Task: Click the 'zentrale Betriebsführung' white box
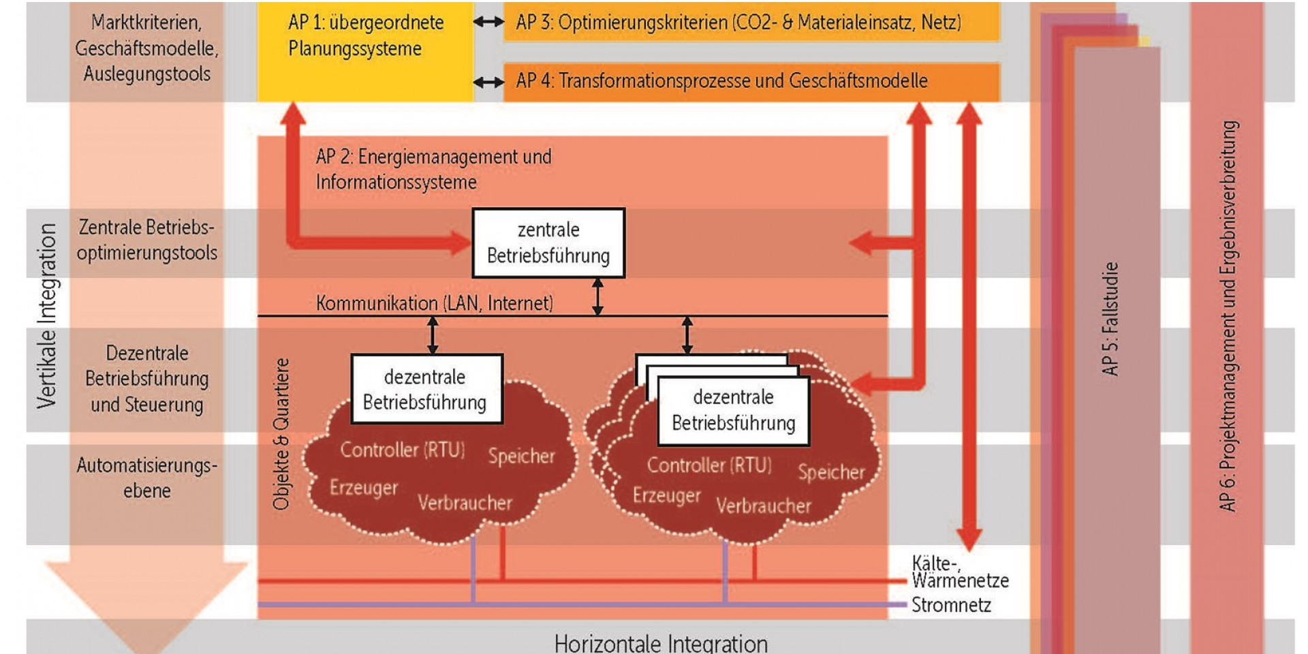pyautogui.click(x=548, y=243)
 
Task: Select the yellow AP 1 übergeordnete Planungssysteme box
pyautogui.click(x=365, y=51)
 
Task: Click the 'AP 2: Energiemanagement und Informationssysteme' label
pyautogui.click(x=433, y=169)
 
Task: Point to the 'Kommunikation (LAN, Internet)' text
pyautogui.click(x=434, y=303)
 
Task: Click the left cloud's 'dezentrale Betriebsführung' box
pyautogui.click(x=426, y=389)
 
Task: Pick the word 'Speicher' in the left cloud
pyautogui.click(x=521, y=456)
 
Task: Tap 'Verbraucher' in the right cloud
pyautogui.click(x=763, y=505)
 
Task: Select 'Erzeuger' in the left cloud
pyautogui.click(x=364, y=487)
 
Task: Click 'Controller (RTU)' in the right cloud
pyautogui.click(x=709, y=465)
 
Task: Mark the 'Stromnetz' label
pyautogui.click(x=951, y=605)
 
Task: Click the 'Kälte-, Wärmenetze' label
pyautogui.click(x=959, y=572)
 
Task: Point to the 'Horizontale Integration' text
pyautogui.click(x=660, y=643)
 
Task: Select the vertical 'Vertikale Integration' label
pyautogui.click(x=46, y=316)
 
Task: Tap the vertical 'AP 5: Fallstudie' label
pyautogui.click(x=1110, y=319)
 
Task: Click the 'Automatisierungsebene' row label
pyautogui.click(x=147, y=478)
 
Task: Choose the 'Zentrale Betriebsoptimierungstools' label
pyautogui.click(x=147, y=240)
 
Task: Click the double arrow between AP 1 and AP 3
pyautogui.click(x=488, y=22)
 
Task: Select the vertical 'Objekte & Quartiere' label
pyautogui.click(x=281, y=434)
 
